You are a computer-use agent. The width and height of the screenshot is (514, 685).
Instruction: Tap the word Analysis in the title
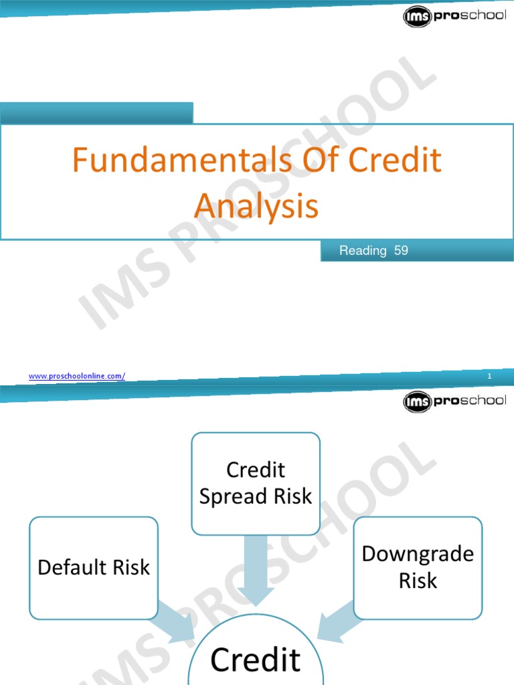coord(256,206)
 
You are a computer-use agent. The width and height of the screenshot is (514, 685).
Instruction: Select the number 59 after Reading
coord(401,251)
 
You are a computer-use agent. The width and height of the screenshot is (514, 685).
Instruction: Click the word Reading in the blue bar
coord(363,251)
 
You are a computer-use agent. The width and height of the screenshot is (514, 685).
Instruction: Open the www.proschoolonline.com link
coord(76,377)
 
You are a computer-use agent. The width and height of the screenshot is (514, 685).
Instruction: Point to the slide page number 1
coord(490,377)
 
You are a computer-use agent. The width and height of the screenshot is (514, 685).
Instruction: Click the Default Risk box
coord(94,567)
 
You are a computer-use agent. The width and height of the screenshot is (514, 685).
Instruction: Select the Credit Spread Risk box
coord(256,483)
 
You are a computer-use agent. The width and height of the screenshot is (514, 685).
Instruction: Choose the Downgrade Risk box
coord(418,567)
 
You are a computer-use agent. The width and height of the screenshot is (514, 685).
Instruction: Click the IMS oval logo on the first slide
coord(418,16)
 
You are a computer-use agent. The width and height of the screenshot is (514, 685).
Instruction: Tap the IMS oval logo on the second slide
coord(418,402)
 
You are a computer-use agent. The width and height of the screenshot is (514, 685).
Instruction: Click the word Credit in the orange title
coord(396,161)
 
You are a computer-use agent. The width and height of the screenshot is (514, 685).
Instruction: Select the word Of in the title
coord(315,161)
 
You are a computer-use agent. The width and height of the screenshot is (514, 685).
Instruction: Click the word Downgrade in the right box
coord(418,554)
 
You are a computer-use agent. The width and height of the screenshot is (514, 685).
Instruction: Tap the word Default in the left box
coord(68,567)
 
